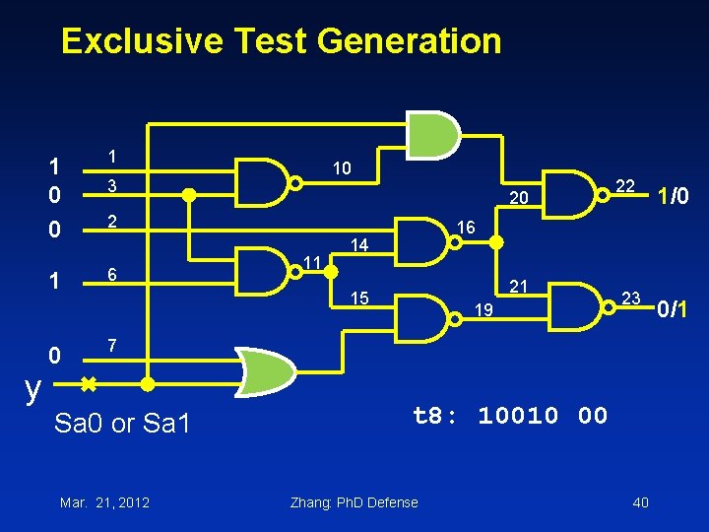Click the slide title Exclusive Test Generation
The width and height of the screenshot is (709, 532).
[x=281, y=41]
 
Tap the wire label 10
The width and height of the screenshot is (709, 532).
[x=342, y=168]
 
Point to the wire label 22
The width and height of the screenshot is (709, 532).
[x=624, y=186]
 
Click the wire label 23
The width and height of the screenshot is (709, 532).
[x=631, y=297]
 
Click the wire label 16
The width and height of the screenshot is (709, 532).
[x=467, y=228]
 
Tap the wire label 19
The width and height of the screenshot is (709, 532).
[x=482, y=311]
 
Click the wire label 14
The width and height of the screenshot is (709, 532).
[x=359, y=243]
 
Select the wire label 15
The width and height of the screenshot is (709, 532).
[x=359, y=298]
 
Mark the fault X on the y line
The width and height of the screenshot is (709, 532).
[x=88, y=382]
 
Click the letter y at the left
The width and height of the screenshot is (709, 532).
[x=33, y=389]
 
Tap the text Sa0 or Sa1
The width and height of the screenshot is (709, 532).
[x=122, y=425]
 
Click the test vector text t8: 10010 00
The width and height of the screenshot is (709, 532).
[x=510, y=416]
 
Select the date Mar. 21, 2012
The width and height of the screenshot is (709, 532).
[x=104, y=502]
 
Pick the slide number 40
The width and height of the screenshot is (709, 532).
[x=640, y=502]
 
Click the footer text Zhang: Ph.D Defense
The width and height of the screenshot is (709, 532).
[x=354, y=502]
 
